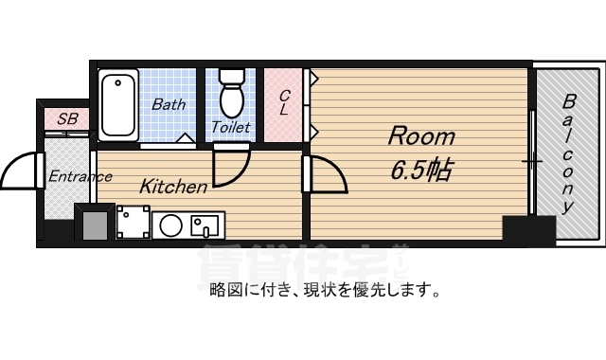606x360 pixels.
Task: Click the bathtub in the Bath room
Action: tap(118, 105)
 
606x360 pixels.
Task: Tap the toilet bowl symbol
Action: tap(232, 93)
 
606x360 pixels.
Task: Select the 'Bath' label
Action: tap(169, 104)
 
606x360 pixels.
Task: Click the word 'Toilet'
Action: tap(231, 127)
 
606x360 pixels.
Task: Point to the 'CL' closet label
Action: tap(284, 102)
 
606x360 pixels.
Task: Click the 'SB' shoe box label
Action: tap(67, 118)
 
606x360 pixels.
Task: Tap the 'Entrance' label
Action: tap(80, 177)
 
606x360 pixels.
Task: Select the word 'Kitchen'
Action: tap(173, 187)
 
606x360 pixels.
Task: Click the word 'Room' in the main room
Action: tap(421, 136)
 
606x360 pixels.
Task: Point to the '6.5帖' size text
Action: tap(421, 170)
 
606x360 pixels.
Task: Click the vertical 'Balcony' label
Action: tap(568, 153)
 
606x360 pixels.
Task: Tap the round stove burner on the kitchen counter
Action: tap(170, 225)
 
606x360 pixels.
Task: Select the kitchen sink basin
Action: tap(205, 225)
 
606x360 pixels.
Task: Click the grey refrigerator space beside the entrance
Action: tap(95, 225)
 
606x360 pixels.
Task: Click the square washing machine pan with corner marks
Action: tap(134, 222)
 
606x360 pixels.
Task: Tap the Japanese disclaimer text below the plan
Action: tap(325, 290)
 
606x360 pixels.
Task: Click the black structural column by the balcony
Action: tap(529, 228)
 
